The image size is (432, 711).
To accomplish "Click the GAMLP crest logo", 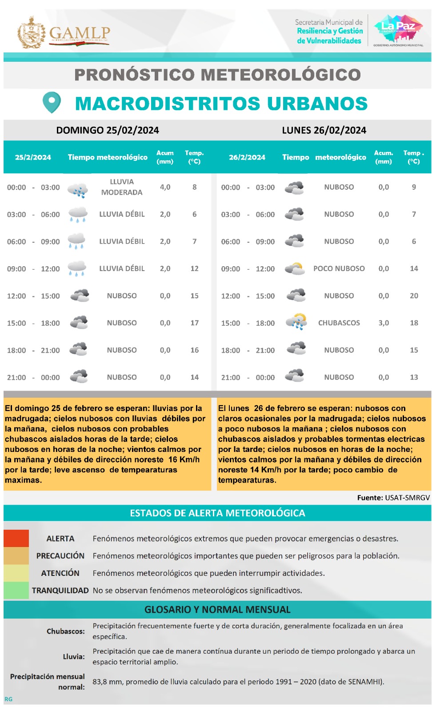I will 31,32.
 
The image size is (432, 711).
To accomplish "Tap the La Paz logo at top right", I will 398,29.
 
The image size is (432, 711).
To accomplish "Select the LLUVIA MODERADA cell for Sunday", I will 122,187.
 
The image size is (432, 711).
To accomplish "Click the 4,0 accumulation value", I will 165,187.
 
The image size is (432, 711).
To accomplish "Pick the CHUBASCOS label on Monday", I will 339,323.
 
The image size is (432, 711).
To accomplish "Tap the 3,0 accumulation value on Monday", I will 384,323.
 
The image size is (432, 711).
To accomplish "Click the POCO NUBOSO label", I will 339,269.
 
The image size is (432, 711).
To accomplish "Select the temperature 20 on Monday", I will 414,296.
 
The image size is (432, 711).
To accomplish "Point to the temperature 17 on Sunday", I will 194,323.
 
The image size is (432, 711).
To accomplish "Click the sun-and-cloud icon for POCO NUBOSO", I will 295,268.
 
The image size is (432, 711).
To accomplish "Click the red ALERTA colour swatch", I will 16,538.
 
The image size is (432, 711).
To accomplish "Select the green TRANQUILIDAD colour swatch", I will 16,590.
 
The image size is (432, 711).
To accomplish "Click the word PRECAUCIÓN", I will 60,556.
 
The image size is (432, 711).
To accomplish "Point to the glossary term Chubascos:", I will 66,631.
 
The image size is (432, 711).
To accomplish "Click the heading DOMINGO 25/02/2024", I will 108,130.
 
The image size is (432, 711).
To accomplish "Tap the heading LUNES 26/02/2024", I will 324,130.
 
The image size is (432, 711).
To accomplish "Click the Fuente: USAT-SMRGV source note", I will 393,498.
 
